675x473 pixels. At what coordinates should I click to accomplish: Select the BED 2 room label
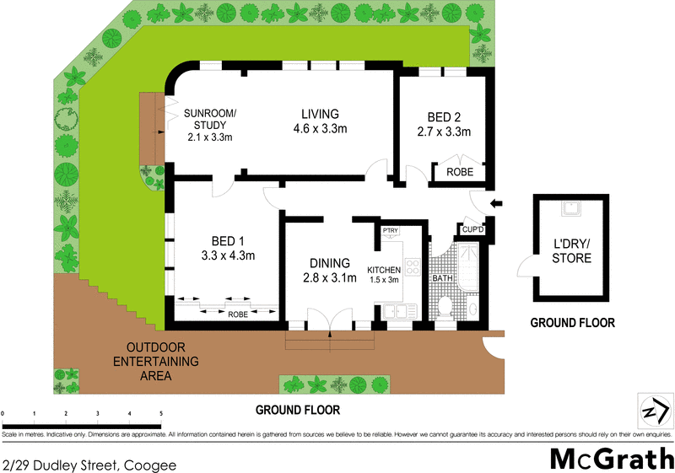pyautogui.click(x=443, y=125)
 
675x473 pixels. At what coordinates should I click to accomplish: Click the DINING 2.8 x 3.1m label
pyautogui.click(x=328, y=270)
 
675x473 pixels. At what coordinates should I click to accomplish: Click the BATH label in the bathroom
pyautogui.click(x=443, y=277)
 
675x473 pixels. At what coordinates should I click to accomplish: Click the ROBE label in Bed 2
pyautogui.click(x=460, y=172)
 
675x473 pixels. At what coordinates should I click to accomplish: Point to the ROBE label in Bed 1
pyautogui.click(x=239, y=314)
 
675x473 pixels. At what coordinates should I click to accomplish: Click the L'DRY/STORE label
pyautogui.click(x=571, y=251)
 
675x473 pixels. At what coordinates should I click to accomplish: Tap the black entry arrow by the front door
pyautogui.click(x=497, y=202)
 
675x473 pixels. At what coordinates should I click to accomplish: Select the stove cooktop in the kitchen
pyautogui.click(x=413, y=267)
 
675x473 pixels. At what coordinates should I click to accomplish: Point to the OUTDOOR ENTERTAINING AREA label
pyautogui.click(x=161, y=362)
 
